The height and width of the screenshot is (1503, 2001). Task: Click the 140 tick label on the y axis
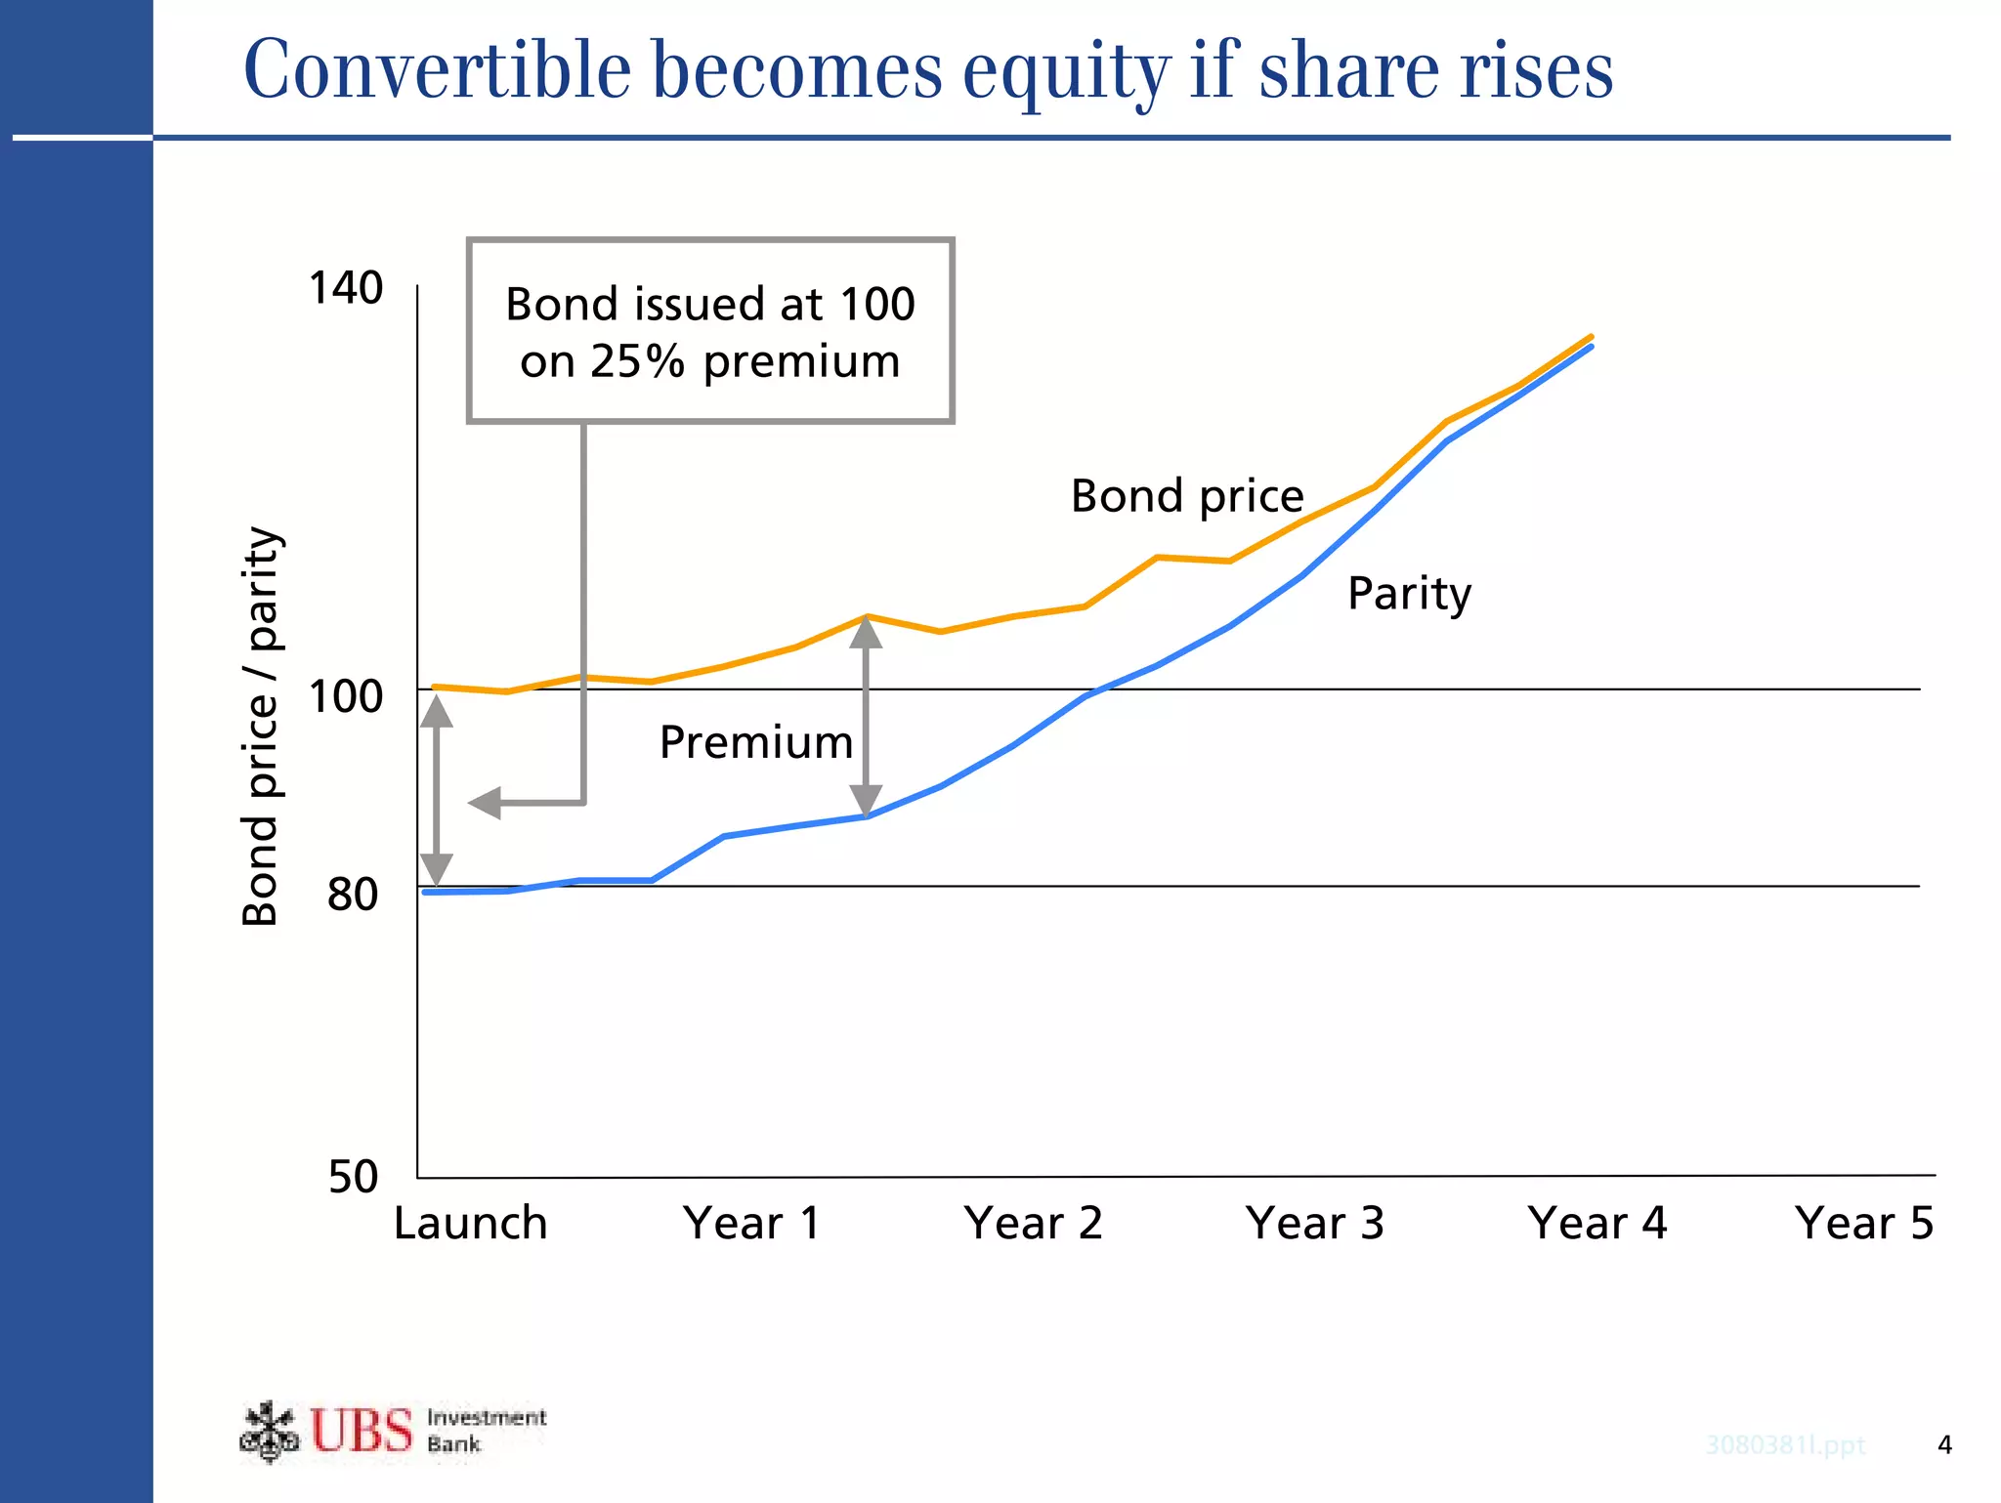[345, 288]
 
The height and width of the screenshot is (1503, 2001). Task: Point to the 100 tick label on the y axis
[345, 697]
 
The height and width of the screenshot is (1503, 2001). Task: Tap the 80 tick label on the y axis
[353, 894]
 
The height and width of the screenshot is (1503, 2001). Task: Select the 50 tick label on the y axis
[353, 1177]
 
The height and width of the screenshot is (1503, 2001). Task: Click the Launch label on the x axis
[470, 1224]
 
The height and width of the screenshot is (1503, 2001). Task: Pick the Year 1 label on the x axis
[751, 1224]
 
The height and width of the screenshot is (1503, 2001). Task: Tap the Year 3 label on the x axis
[1314, 1224]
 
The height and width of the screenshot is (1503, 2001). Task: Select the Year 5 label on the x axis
[1863, 1224]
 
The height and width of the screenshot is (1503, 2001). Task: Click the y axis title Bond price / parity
[261, 726]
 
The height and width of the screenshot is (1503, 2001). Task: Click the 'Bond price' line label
[1187, 496]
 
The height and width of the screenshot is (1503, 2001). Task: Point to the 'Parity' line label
[1409, 594]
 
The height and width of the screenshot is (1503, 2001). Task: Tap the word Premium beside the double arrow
[756, 742]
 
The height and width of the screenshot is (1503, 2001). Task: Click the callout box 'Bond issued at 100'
[710, 331]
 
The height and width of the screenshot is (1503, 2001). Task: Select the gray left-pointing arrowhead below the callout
[486, 803]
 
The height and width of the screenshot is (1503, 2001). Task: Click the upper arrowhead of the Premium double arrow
[866, 633]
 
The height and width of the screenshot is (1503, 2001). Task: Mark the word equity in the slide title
[1066, 70]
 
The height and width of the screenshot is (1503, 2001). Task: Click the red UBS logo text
[362, 1431]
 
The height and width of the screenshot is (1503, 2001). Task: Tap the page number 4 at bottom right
[1944, 1444]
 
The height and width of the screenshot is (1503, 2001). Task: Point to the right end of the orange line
[1591, 337]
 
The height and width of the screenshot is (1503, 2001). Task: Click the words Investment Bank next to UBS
[486, 1431]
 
